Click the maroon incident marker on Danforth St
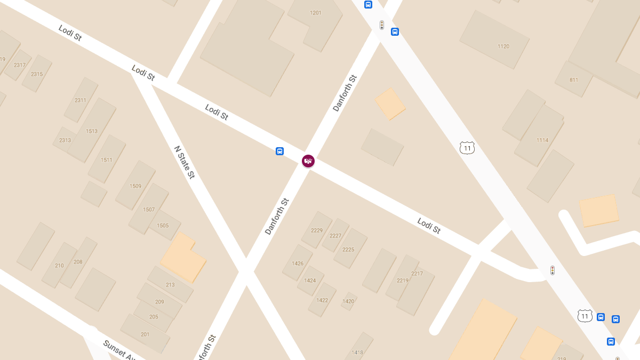point(308,161)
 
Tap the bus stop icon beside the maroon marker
point(279,151)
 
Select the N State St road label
point(185,162)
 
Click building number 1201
point(316,13)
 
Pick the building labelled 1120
point(503,46)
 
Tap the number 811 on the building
point(574,80)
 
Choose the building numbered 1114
point(542,140)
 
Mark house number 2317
point(20,65)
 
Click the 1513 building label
point(92,131)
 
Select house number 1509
point(135,186)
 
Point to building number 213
point(170,285)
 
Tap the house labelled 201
point(145,334)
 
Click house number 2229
point(317,230)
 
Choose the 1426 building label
point(298,263)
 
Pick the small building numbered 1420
point(348,301)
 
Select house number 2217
point(417,274)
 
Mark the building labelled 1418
point(357,353)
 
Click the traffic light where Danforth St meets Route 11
point(382,25)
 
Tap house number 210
point(59,266)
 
